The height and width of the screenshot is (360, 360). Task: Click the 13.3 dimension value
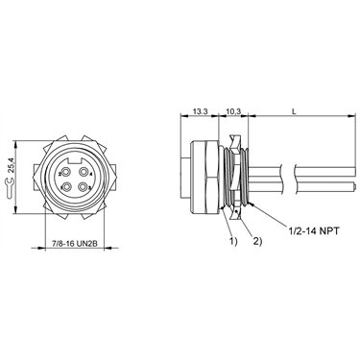click(x=201, y=111)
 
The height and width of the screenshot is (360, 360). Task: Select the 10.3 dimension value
click(x=233, y=111)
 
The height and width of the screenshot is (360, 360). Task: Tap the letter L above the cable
click(x=295, y=111)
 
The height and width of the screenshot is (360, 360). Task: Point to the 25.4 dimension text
click(x=11, y=165)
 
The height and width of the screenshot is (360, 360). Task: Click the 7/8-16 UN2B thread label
click(x=75, y=244)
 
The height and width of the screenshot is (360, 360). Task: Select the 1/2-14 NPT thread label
click(x=313, y=230)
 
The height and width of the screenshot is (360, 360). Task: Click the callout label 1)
click(x=233, y=241)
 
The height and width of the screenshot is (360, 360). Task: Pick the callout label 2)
click(x=258, y=241)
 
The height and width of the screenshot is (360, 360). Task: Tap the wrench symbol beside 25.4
click(x=10, y=188)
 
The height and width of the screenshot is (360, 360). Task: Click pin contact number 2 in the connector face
click(x=66, y=173)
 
